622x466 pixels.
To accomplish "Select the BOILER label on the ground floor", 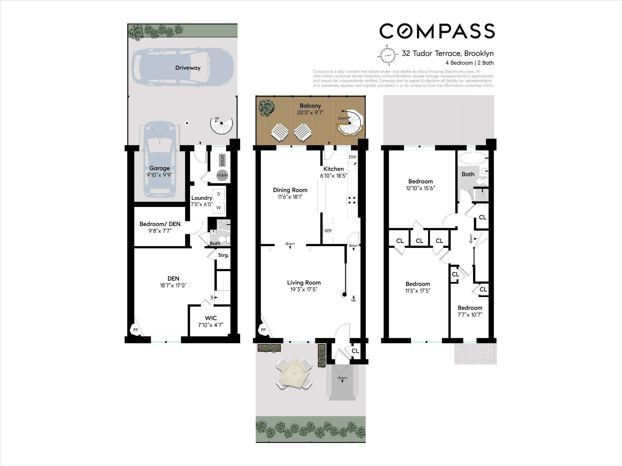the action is pyautogui.click(x=222, y=160).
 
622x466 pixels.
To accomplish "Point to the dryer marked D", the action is pyautogui.click(x=219, y=194).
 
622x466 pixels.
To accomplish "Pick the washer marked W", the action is pyautogui.click(x=219, y=208).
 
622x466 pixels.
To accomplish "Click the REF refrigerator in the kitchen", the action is pyautogui.click(x=328, y=231).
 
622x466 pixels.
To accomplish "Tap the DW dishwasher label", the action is pyautogui.click(x=352, y=157).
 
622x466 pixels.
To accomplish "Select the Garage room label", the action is pyautogui.click(x=159, y=168).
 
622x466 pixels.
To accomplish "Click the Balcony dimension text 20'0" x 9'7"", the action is pyautogui.click(x=310, y=113).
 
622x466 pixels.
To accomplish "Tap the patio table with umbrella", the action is pyautogui.click(x=294, y=374).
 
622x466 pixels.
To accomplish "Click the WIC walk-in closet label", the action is pyautogui.click(x=211, y=318).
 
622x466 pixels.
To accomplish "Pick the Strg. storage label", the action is pyautogui.click(x=224, y=255).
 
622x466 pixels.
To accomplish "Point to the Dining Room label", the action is pyautogui.click(x=290, y=190).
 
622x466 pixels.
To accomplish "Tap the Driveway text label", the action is pyautogui.click(x=188, y=68).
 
